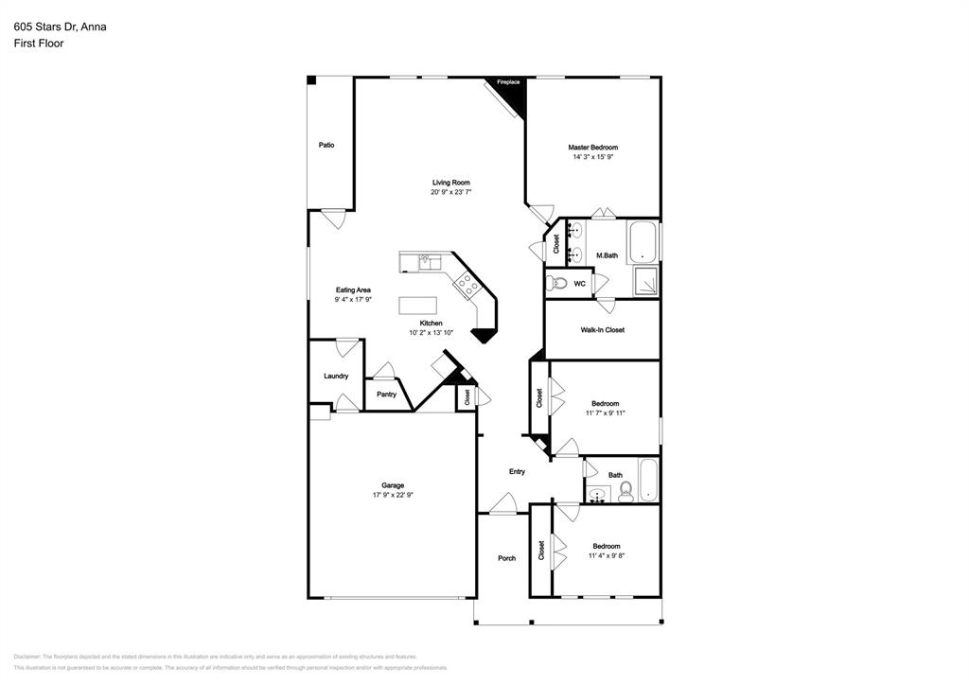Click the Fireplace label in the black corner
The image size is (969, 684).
pos(508,82)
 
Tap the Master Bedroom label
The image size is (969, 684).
pos(592,148)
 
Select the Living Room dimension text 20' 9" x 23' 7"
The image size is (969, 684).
pos(450,192)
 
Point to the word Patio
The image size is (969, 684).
pos(326,145)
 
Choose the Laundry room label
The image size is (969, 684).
pos(336,376)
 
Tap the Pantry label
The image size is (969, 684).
pos(386,394)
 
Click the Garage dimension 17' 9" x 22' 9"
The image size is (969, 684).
pos(393,495)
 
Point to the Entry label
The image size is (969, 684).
pos(517,471)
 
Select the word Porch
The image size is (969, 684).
pos(507,558)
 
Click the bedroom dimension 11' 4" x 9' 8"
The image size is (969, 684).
pos(606,555)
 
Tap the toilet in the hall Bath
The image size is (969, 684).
pos(625,491)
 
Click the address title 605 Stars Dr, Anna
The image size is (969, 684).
pos(60,26)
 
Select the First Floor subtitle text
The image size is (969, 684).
pos(39,44)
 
